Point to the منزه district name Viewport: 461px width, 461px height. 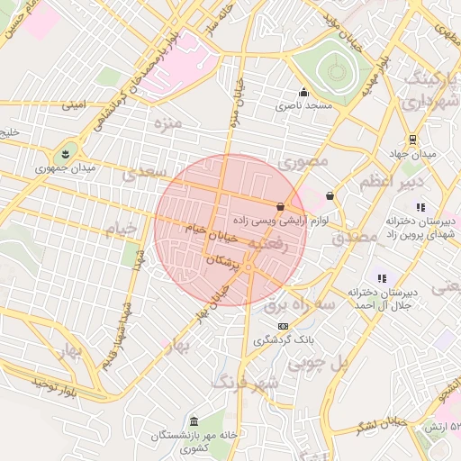pyautogui.click(x=167, y=122)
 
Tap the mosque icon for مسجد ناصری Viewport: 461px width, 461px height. pyautogui.click(x=303, y=92)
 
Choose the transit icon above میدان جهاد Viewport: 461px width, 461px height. pyautogui.click(x=412, y=140)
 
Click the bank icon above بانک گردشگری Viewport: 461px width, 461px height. pyautogui.click(x=284, y=326)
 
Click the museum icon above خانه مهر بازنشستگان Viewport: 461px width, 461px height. pyautogui.click(x=194, y=421)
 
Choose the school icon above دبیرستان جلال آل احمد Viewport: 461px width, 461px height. pyautogui.click(x=382, y=278)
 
